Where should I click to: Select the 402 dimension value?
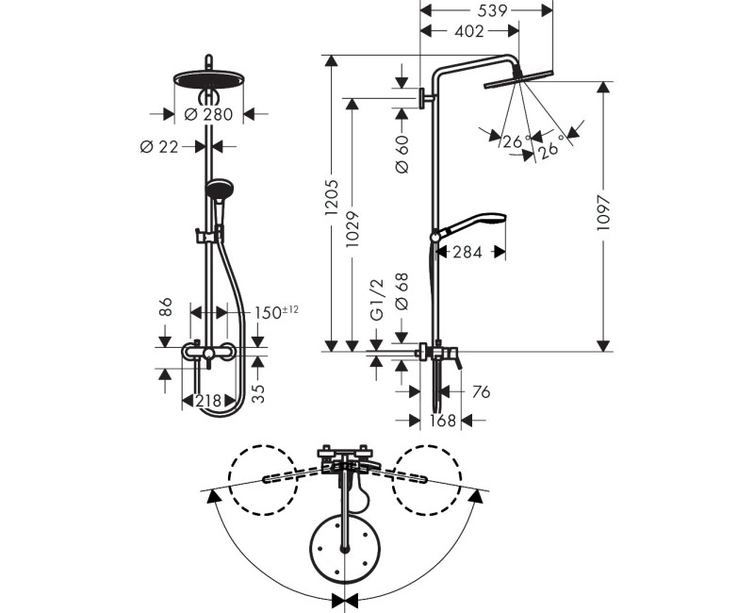tap(468, 31)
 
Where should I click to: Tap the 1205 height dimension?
tap(332, 197)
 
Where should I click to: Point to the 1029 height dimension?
tap(352, 228)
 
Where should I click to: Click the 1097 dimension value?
tap(603, 213)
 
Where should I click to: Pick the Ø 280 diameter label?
tap(208, 114)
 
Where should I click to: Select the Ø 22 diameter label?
tap(159, 147)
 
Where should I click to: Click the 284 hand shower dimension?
tap(467, 252)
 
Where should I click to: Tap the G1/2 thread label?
tap(378, 299)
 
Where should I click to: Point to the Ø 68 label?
tap(402, 291)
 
